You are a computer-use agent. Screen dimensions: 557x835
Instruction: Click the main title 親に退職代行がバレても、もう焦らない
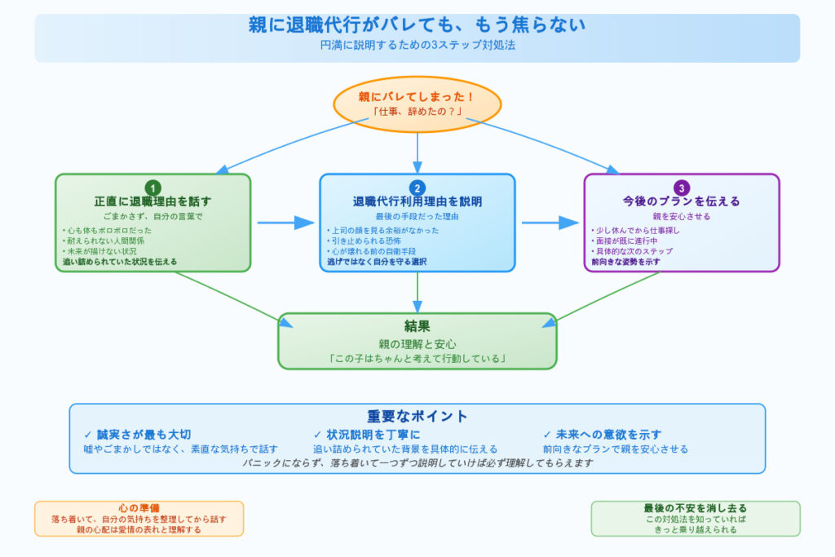[417, 24]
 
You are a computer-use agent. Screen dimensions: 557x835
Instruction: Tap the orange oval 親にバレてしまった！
[417, 104]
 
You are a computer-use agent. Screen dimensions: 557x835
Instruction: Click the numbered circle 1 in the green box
[152, 188]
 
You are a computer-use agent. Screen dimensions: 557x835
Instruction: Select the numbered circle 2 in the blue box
[417, 188]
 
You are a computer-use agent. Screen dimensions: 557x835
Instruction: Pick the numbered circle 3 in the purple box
[682, 188]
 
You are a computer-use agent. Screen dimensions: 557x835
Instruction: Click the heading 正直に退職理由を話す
[152, 201]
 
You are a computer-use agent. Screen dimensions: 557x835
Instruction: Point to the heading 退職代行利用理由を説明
[417, 201]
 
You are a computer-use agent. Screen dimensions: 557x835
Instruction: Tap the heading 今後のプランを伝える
[682, 201]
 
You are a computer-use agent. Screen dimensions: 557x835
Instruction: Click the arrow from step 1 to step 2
[285, 223]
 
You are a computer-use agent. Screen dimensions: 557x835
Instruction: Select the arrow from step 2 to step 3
[550, 223]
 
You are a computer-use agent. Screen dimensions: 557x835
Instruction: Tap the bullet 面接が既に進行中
[629, 241]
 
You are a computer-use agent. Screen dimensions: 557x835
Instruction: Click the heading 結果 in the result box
[417, 326]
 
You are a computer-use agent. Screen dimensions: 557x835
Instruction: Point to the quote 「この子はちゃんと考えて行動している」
[417, 358]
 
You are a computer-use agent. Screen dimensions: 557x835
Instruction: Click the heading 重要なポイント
[417, 416]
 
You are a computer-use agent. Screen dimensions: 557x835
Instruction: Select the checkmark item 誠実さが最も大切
[144, 435]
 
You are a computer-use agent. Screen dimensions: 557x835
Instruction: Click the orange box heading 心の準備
[139, 508]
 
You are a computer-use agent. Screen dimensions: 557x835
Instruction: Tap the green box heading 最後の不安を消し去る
[696, 508]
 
